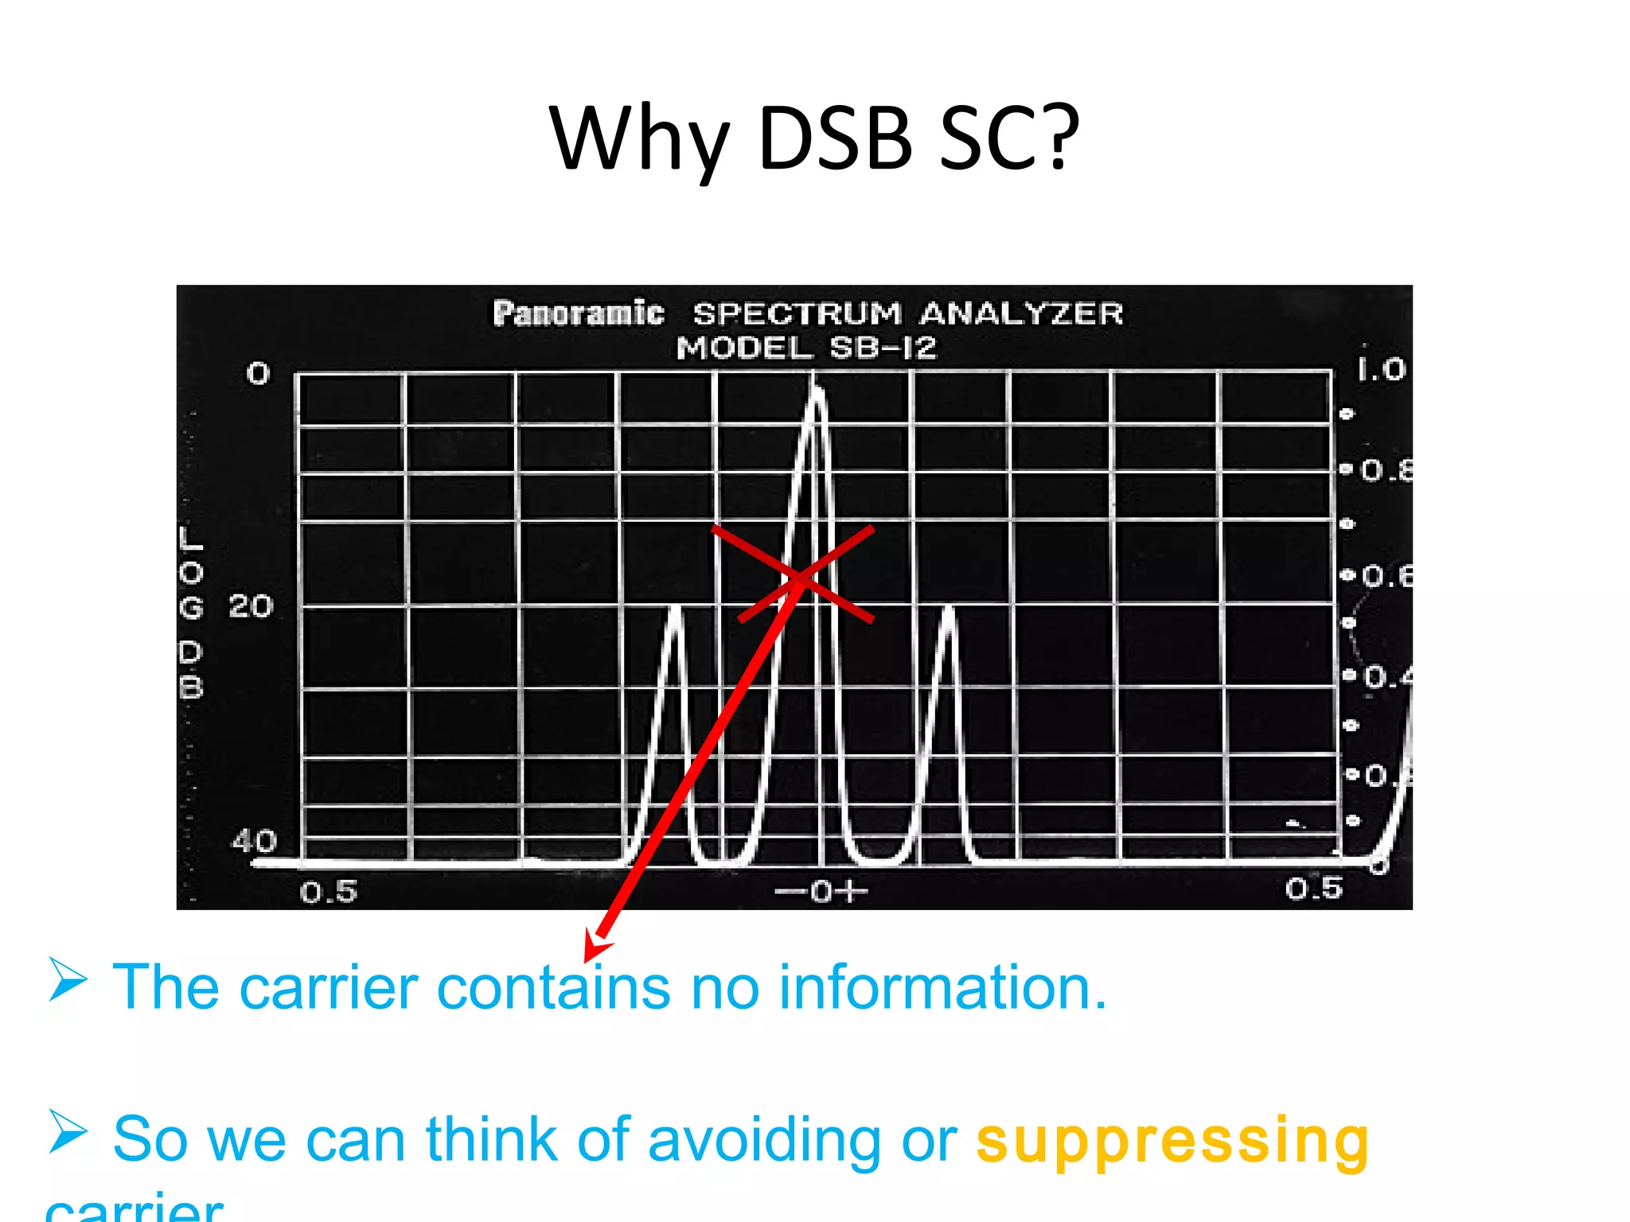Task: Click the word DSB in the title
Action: click(835, 139)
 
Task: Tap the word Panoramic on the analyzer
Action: click(578, 313)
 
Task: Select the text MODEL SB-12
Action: click(806, 348)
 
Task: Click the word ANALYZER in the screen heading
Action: click(1021, 313)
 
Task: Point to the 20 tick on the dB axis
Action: click(251, 607)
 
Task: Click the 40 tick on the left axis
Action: click(254, 841)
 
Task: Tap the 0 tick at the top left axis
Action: click(258, 373)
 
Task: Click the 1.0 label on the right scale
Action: click(1381, 369)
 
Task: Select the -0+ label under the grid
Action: click(821, 892)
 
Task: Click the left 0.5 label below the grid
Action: click(329, 892)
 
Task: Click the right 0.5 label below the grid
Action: click(1313, 889)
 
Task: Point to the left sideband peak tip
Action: click(676, 609)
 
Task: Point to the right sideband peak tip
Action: click(948, 609)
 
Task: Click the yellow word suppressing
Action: click(1172, 1141)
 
